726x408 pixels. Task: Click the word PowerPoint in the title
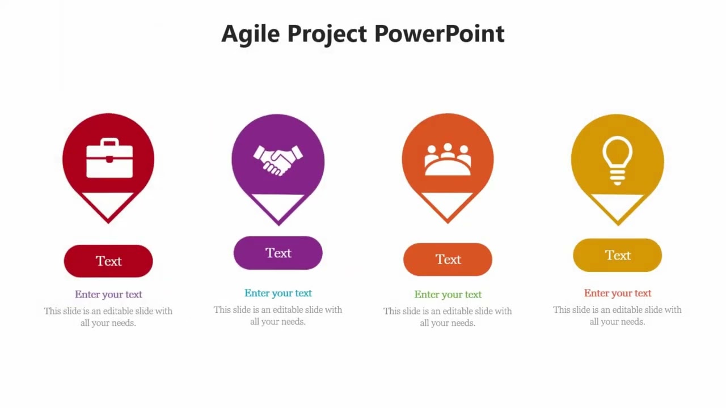tap(439, 34)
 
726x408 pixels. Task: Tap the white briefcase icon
tap(109, 159)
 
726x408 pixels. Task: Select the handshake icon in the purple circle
tap(278, 160)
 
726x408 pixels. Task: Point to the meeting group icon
tap(448, 160)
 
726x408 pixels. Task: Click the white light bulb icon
tap(617, 160)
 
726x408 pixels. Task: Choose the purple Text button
tap(278, 253)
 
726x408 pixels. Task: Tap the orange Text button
tap(448, 260)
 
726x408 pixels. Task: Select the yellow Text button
tap(617, 256)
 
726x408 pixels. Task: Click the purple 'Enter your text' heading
tap(108, 294)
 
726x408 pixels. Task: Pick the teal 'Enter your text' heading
tap(278, 293)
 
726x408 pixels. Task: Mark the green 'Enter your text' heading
tap(448, 294)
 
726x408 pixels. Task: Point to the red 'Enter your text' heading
tap(617, 293)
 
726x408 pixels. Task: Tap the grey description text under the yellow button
tap(617, 316)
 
